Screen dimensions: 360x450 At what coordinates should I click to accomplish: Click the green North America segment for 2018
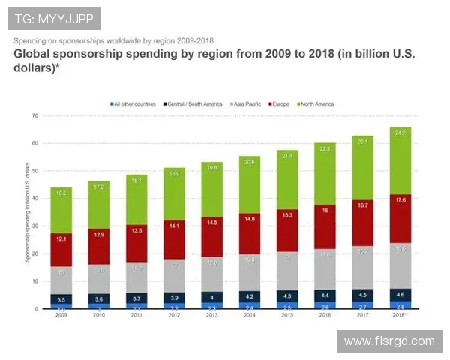coord(400,161)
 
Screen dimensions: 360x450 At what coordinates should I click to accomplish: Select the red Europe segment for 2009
coord(61,250)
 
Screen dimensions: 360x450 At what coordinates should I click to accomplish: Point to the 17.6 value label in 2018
coord(400,200)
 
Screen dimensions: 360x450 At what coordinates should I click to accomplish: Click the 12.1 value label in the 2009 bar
coord(61,238)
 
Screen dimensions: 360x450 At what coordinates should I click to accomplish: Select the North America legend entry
coord(317,103)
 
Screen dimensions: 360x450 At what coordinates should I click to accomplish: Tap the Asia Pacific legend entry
coord(246,103)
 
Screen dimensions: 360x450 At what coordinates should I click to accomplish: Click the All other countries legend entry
coord(132,103)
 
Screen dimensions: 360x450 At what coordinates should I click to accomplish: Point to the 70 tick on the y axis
coord(34,116)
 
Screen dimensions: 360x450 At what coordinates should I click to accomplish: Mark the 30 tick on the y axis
coord(34,226)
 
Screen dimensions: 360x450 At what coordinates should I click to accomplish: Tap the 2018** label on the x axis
coord(400,316)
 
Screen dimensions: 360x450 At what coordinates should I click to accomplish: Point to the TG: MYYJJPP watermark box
coord(53,19)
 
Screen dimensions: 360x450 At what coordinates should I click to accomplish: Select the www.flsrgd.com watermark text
coord(389,341)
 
